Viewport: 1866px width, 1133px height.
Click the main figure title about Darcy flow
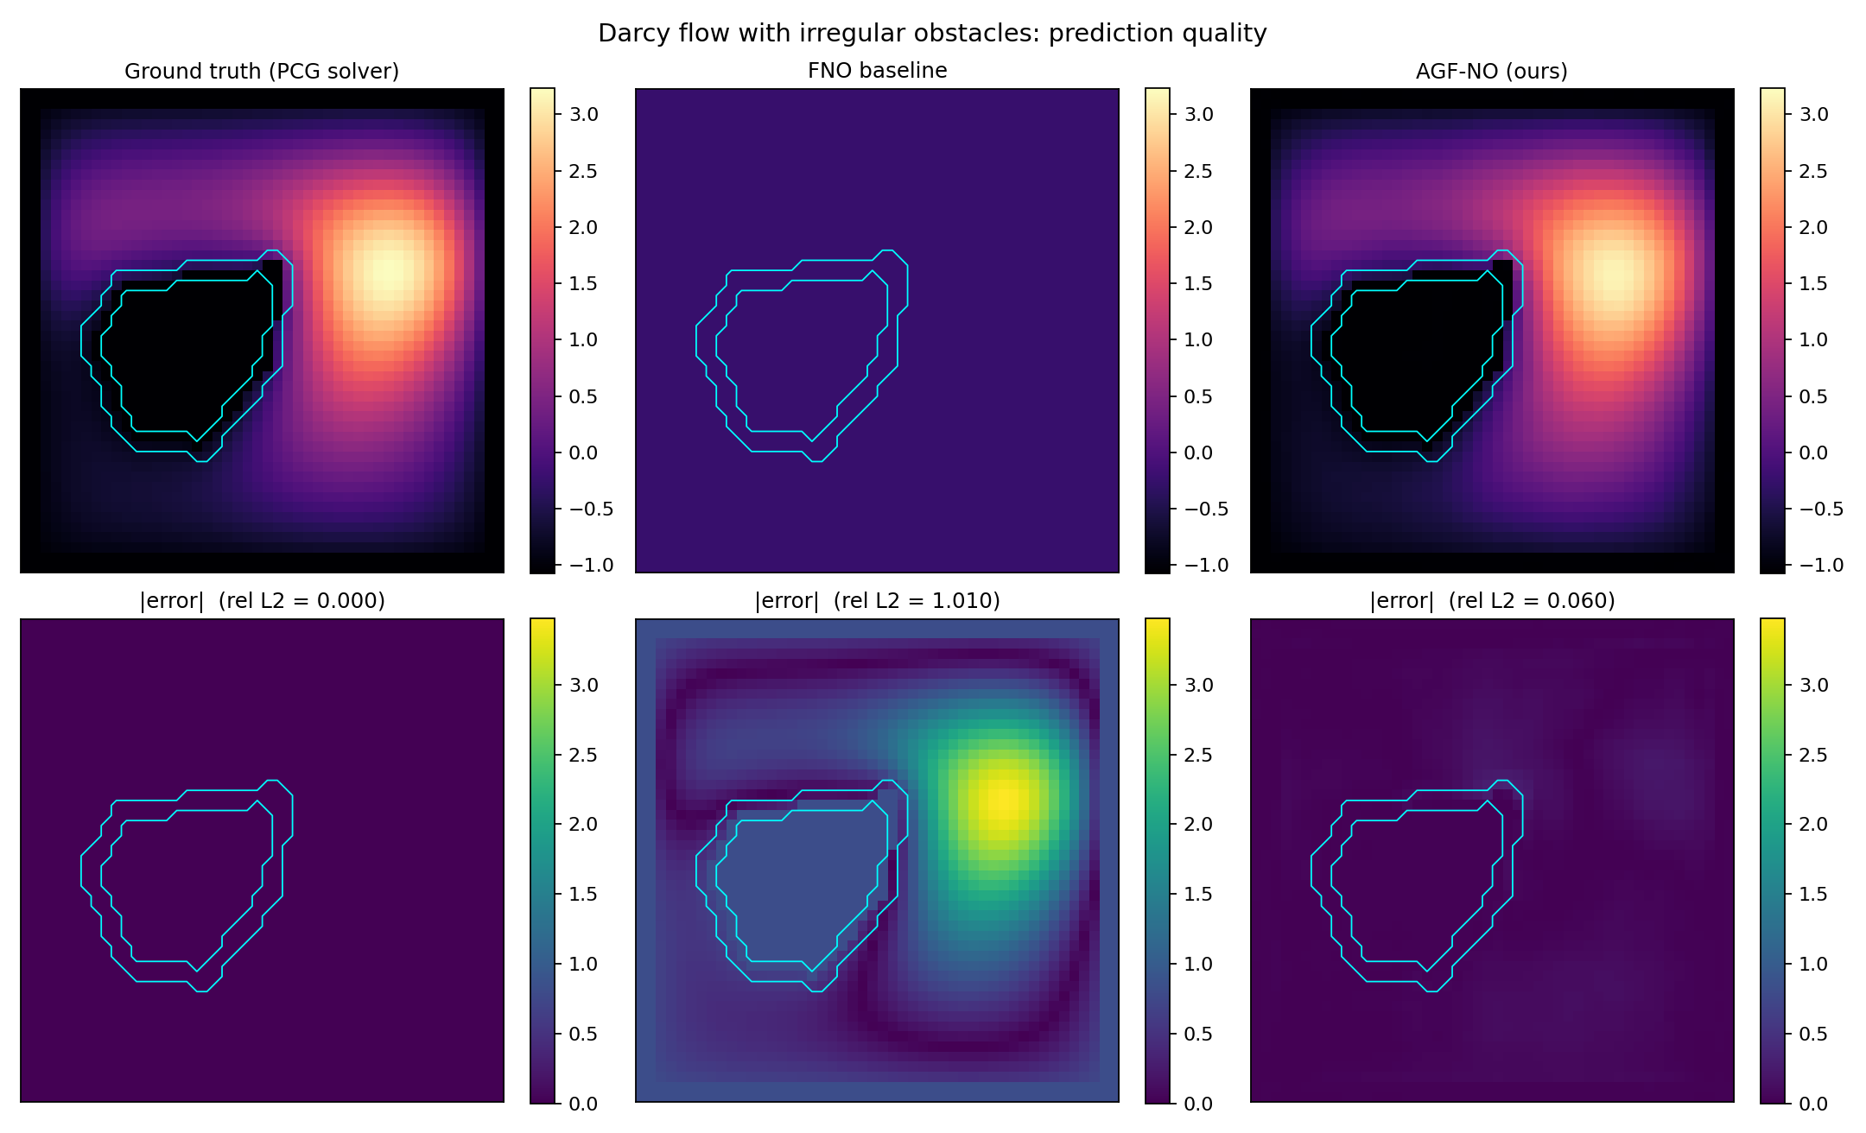click(932, 34)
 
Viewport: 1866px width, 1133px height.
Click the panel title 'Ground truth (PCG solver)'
click(262, 71)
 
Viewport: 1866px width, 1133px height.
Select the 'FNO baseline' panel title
click(877, 71)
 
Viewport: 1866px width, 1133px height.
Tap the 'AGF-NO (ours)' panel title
click(1492, 71)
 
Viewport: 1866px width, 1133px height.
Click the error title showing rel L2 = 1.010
click(877, 601)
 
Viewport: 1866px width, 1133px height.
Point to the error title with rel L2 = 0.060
click(1492, 601)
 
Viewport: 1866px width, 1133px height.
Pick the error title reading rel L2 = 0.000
click(262, 601)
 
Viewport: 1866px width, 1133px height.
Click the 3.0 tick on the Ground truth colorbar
click(583, 115)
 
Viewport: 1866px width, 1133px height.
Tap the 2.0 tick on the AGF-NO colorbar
click(1813, 228)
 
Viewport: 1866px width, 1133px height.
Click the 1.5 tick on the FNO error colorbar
click(1198, 895)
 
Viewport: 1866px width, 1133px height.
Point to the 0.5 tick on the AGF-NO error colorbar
click(1813, 1035)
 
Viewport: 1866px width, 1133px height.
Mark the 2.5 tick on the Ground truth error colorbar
click(583, 756)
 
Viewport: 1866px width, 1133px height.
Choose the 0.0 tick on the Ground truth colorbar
click(583, 453)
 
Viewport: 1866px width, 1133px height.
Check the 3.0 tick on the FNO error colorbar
click(1198, 686)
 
